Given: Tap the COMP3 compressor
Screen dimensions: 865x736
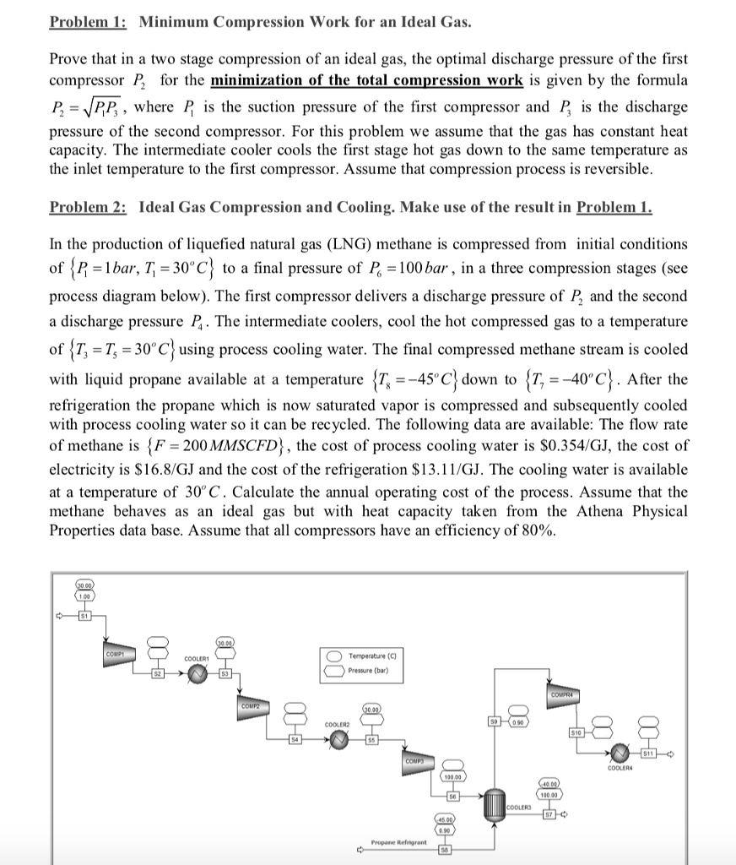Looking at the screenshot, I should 415,765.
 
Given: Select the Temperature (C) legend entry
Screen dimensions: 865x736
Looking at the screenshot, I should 375,656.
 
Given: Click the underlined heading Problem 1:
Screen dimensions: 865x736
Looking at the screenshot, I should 88,20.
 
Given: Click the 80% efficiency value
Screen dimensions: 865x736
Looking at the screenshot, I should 536,530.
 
